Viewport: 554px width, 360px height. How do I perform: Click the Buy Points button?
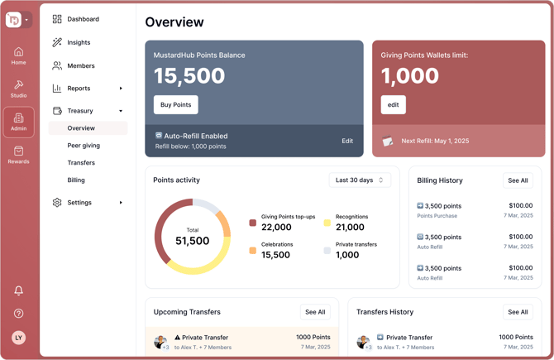point(176,104)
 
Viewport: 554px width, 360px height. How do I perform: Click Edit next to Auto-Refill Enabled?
point(347,141)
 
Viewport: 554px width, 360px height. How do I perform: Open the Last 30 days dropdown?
point(360,180)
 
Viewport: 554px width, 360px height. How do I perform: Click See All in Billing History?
point(518,180)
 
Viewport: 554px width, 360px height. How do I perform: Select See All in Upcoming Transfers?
point(315,312)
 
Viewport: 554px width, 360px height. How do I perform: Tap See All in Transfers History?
point(518,312)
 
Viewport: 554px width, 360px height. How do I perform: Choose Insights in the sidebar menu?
point(79,42)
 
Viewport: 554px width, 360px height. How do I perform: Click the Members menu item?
point(80,65)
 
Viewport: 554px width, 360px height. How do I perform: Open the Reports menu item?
point(79,88)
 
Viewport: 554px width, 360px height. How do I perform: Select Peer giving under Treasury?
point(84,146)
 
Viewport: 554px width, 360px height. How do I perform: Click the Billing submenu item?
point(76,180)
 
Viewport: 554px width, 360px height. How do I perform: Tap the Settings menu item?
point(79,202)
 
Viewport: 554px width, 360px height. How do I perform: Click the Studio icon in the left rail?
point(18,89)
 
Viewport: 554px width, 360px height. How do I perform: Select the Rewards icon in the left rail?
point(18,155)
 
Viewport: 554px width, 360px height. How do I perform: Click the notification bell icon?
point(18,290)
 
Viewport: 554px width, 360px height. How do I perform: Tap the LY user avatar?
point(18,338)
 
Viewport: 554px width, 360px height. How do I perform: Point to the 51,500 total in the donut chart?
point(193,241)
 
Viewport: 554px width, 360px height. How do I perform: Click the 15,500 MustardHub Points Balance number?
point(189,76)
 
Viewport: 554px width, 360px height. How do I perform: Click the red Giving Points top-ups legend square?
point(253,223)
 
